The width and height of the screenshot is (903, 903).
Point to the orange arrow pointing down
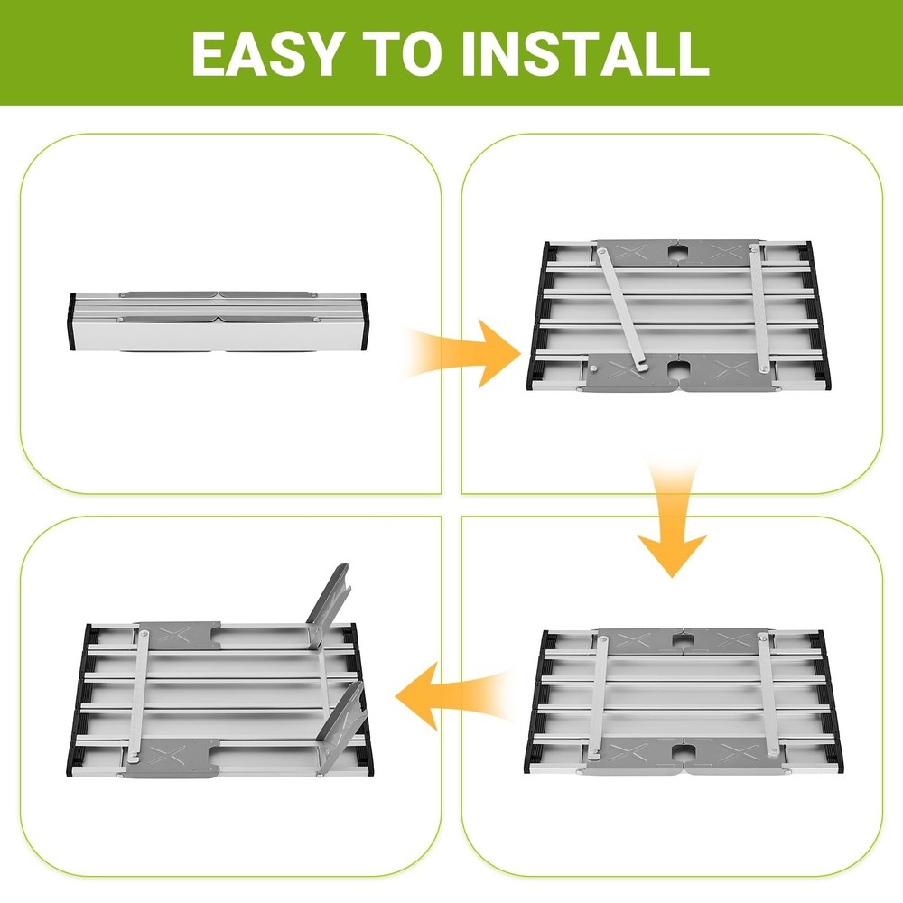[672, 521]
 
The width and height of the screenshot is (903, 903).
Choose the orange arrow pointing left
[455, 695]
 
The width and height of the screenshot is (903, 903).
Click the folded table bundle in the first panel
[219, 321]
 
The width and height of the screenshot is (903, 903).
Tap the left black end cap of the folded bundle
[72, 321]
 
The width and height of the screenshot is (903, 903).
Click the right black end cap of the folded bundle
[364, 321]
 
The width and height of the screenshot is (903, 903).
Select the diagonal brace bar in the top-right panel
[622, 309]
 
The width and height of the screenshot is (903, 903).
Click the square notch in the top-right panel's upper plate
[678, 253]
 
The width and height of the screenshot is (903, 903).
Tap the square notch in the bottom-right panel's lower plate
[684, 751]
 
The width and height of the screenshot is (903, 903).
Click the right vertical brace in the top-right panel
[759, 307]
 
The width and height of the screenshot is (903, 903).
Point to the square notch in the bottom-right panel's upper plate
[683, 639]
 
